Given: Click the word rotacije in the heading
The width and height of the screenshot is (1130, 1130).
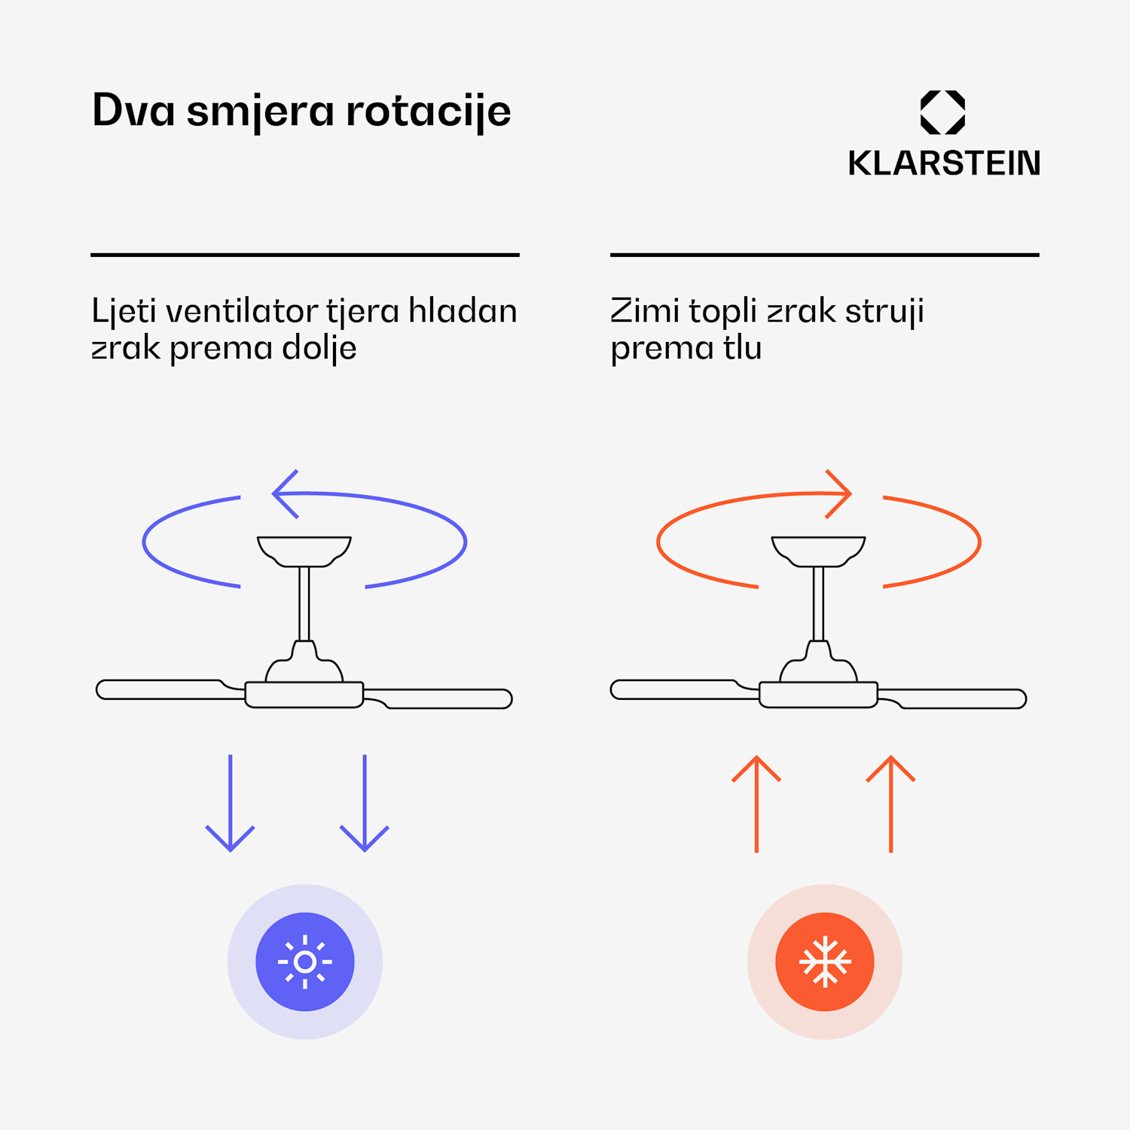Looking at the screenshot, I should tap(428, 111).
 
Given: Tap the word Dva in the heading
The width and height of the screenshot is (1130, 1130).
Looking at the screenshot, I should tap(133, 111).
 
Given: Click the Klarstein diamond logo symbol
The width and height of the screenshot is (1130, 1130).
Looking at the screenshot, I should tap(942, 112).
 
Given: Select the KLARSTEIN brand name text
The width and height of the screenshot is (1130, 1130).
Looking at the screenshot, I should tap(944, 163).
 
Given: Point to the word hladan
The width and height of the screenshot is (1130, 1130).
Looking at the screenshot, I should tap(463, 311).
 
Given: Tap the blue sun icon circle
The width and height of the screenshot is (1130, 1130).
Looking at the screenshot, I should tap(305, 962).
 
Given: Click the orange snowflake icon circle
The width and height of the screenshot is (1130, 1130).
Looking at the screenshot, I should tap(825, 962).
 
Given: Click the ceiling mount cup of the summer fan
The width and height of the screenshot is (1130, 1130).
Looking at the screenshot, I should tap(304, 550).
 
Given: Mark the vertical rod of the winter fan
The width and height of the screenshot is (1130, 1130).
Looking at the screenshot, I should tap(818, 603).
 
